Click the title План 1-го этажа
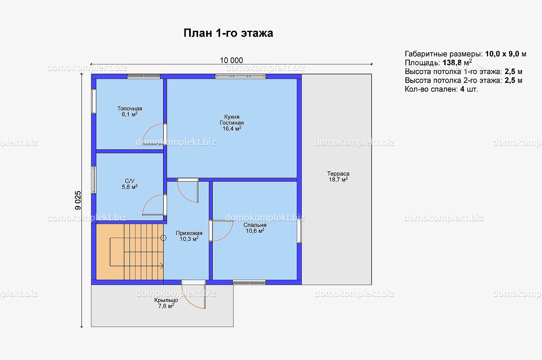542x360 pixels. tap(228, 33)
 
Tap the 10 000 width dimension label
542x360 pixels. tap(231, 60)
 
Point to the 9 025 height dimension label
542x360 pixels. tap(78, 200)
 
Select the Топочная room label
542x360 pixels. tap(130, 109)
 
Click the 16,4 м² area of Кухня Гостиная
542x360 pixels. tap(232, 128)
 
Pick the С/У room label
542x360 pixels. tap(130, 181)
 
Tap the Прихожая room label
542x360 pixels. tap(189, 233)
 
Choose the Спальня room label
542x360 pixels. tap(255, 225)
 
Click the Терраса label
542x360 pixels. tap(338, 174)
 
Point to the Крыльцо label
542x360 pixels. tap(166, 300)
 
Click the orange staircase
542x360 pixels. tap(130, 252)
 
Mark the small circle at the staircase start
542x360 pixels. tap(163, 238)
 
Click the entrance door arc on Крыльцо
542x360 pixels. tap(187, 302)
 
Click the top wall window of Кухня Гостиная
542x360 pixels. tap(240, 77)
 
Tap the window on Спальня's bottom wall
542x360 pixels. tap(249, 282)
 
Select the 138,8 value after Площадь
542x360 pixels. tap(452, 63)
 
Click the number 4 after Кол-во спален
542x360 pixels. tap(462, 89)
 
